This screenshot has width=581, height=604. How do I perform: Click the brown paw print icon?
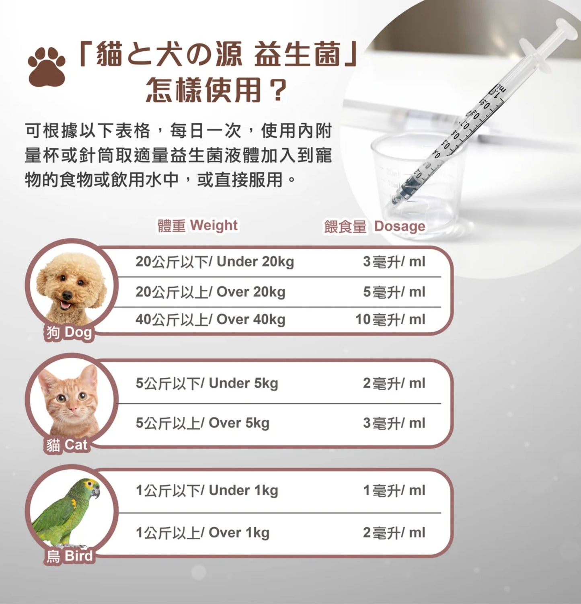(47, 67)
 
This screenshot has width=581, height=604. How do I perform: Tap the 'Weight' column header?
(197, 225)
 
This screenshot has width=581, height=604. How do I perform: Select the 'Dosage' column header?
(374, 226)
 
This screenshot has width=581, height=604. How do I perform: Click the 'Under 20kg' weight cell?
(215, 262)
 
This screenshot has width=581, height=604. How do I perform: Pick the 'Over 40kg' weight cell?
(210, 319)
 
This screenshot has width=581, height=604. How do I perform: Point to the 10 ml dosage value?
(390, 319)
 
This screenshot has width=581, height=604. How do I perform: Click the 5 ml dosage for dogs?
(394, 292)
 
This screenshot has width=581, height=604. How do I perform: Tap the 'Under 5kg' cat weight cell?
(207, 383)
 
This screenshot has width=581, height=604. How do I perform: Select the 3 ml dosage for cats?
(394, 423)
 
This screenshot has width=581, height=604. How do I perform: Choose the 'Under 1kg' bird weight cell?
(207, 491)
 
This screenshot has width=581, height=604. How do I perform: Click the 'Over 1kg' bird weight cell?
(202, 533)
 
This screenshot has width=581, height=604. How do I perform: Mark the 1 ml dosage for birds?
(394, 491)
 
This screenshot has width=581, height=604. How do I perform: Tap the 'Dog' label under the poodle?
(69, 333)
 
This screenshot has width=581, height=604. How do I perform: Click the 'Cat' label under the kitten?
(66, 445)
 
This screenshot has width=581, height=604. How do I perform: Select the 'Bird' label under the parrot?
(69, 556)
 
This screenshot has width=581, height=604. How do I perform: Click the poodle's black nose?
(67, 296)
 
